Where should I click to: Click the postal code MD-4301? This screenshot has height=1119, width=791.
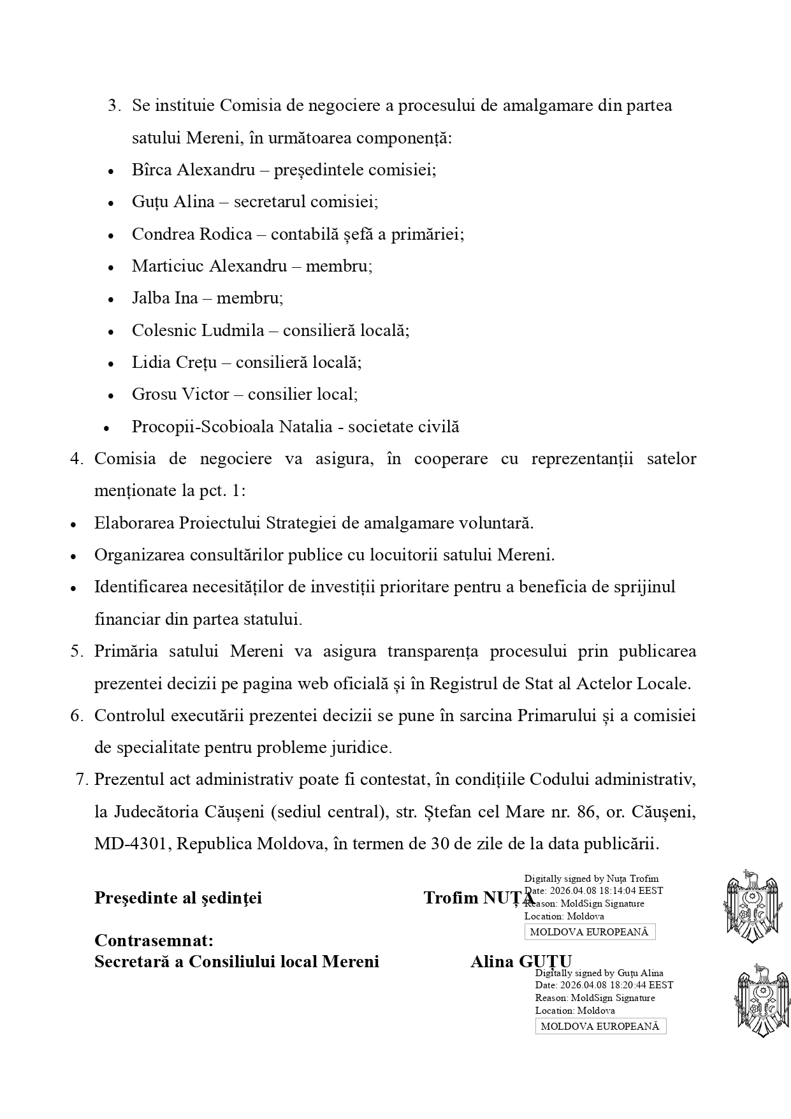pyautogui.click(x=132, y=844)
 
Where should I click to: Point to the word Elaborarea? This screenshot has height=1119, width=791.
pyautogui.click(x=134, y=523)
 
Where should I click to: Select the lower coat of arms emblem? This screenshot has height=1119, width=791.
pyautogui.click(x=762, y=1000)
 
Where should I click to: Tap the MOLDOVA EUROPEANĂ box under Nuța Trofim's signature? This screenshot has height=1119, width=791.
pyautogui.click(x=590, y=932)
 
